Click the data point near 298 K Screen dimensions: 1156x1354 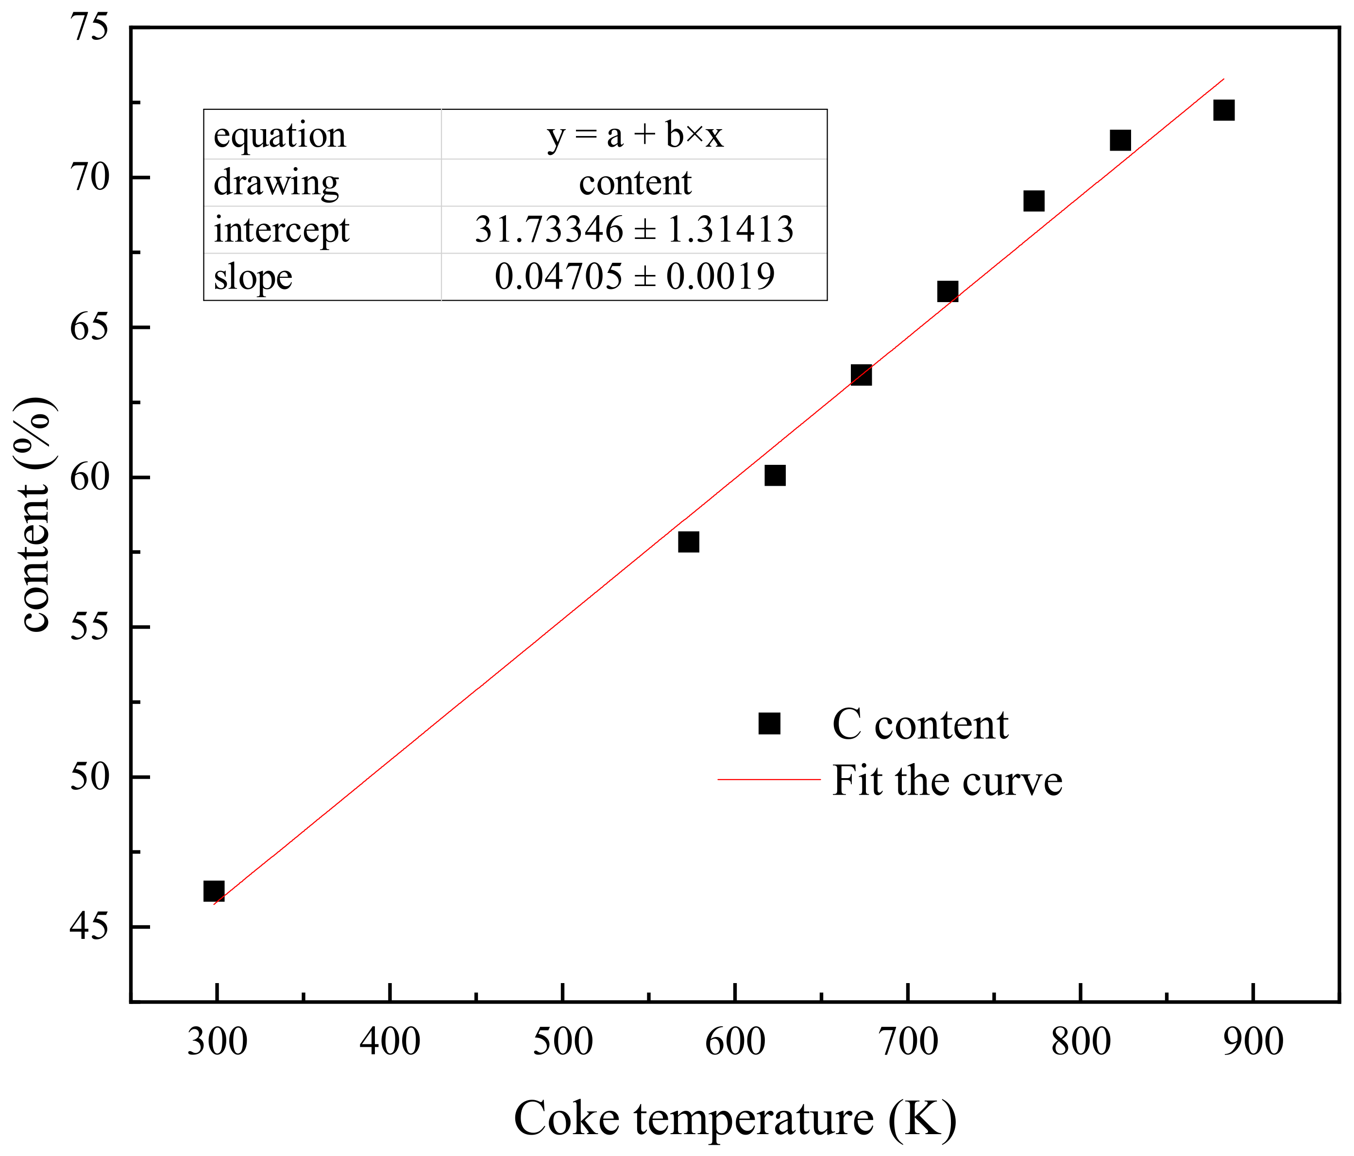tap(214, 891)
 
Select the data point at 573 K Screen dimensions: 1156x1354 tap(688, 542)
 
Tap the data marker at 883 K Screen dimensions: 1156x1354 tap(1223, 110)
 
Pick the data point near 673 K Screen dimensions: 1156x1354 tap(861, 375)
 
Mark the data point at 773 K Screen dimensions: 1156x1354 tap(1033, 201)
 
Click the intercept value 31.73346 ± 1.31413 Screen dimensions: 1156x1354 tap(634, 229)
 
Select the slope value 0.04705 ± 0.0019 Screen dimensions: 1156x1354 tap(634, 276)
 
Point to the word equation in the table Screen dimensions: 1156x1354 tap(280, 135)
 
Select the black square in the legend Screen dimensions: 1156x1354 tap(769, 723)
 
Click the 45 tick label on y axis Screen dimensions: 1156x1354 tap(89, 927)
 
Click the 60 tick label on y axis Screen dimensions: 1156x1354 tap(89, 477)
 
